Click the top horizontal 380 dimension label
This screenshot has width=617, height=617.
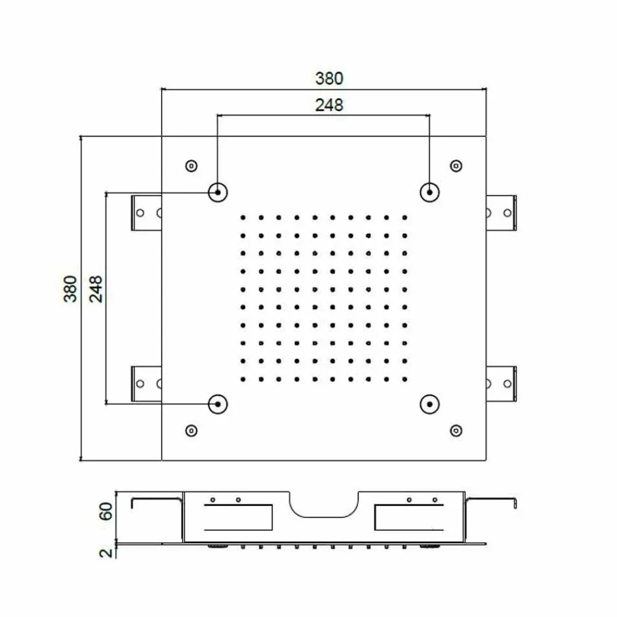(x=329, y=78)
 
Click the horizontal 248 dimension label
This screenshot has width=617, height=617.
(x=329, y=105)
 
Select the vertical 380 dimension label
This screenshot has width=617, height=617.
(x=70, y=289)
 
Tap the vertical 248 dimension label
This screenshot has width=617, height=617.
(x=96, y=289)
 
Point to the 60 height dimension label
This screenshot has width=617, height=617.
(x=106, y=511)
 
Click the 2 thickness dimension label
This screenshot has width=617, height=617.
(x=106, y=553)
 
